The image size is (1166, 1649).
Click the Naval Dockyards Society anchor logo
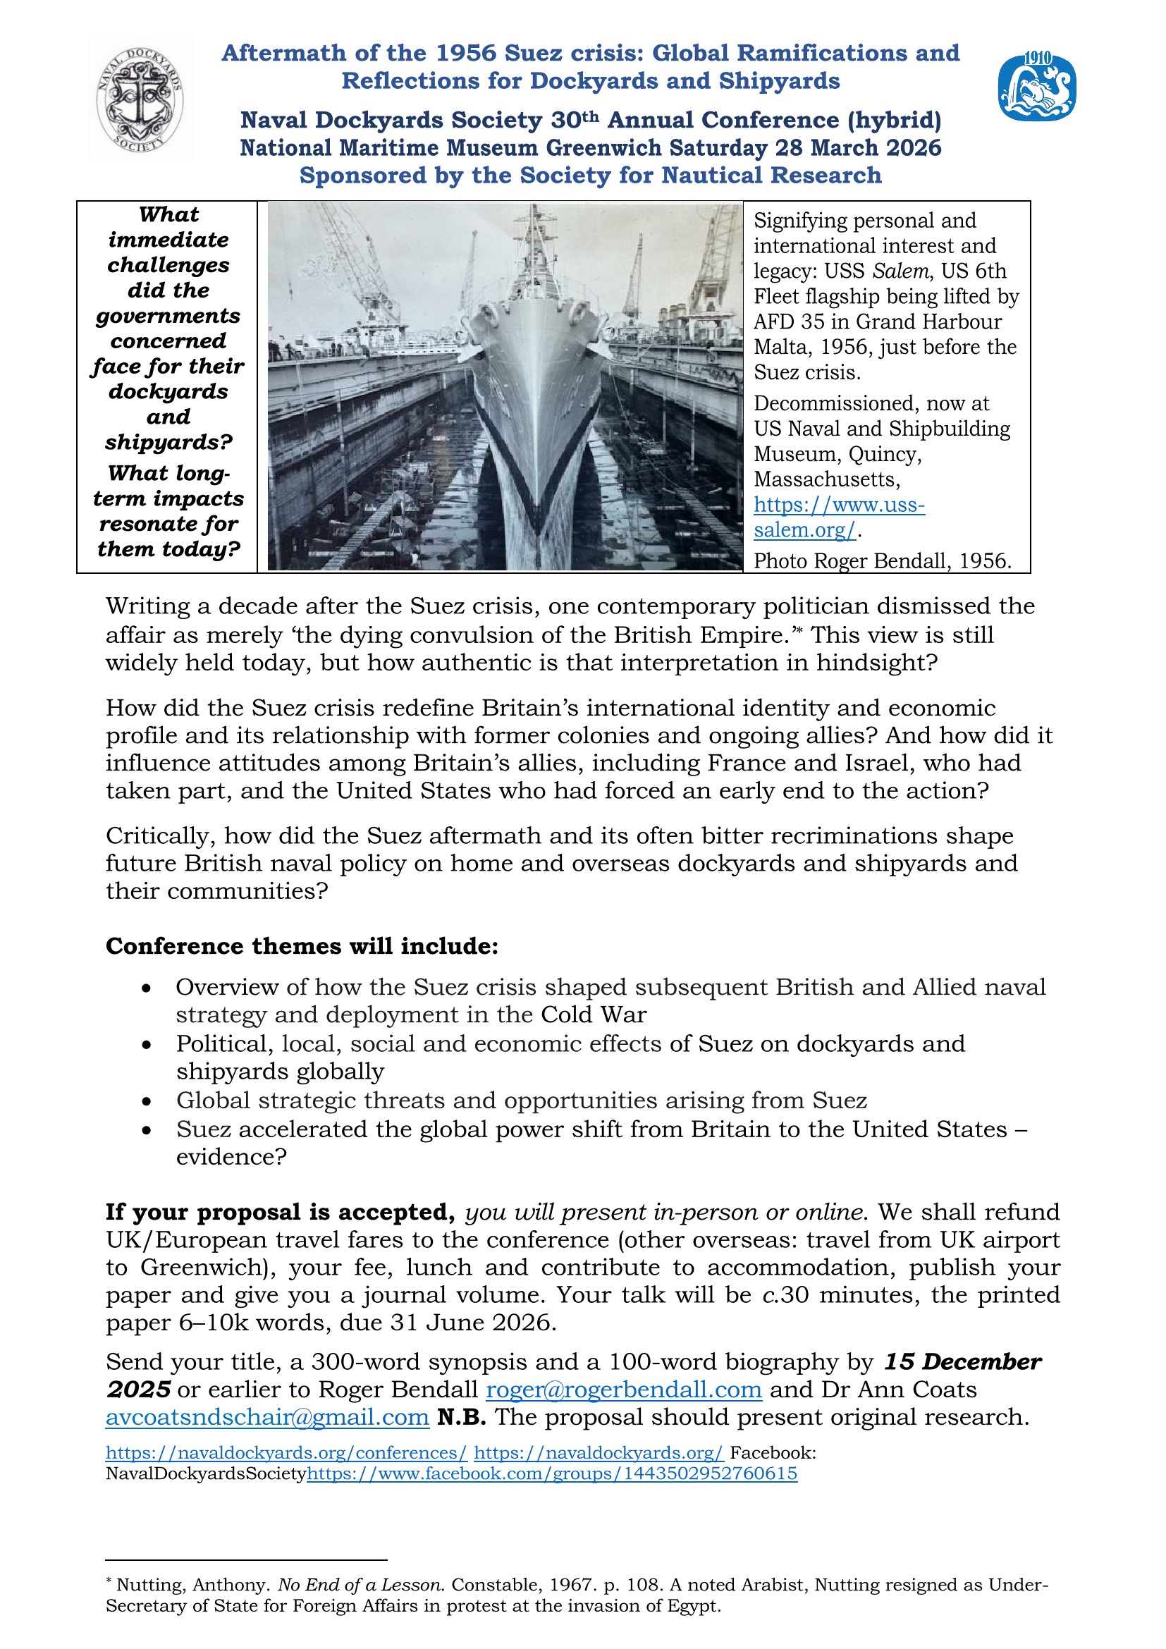pyautogui.click(x=141, y=99)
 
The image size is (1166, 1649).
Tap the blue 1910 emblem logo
pyautogui.click(x=1036, y=87)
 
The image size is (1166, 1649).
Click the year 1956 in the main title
pyautogui.click(x=466, y=53)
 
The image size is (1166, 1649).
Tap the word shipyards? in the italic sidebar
pyautogui.click(x=168, y=442)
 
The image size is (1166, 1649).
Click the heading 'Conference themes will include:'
pyautogui.click(x=302, y=946)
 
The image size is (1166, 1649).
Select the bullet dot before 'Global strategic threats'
pyautogui.click(x=147, y=1101)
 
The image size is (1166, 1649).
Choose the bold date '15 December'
pyautogui.click(x=962, y=1362)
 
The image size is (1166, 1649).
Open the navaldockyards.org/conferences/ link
pyautogui.click(x=286, y=1452)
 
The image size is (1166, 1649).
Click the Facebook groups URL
pyautogui.click(x=551, y=1473)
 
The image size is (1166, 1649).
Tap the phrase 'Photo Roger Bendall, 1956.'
pyautogui.click(x=882, y=561)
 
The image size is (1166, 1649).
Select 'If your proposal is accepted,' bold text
pyautogui.click(x=280, y=1213)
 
